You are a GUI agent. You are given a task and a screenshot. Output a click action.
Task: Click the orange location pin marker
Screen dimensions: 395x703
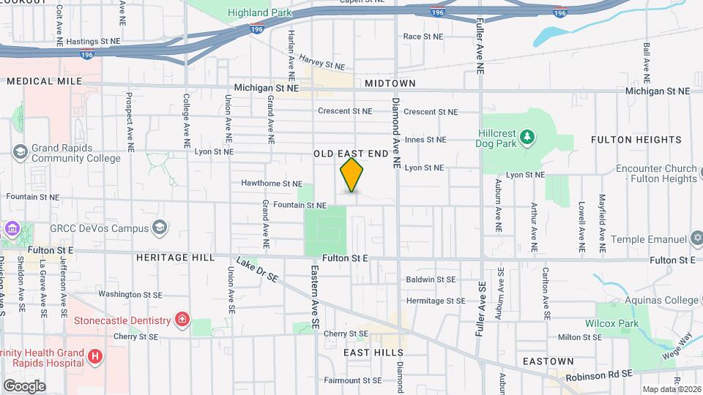351,174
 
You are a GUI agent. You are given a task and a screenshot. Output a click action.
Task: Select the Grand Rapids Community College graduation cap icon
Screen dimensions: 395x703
20,151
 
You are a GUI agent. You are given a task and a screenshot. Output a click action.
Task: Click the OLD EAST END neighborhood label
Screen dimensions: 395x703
351,154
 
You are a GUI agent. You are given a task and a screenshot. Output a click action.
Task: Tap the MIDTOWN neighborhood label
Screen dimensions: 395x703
390,83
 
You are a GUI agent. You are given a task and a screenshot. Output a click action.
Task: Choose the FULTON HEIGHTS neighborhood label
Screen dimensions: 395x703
636,140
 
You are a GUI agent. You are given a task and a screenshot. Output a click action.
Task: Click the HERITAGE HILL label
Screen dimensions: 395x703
174,257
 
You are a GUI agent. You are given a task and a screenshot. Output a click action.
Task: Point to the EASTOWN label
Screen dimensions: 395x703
548,361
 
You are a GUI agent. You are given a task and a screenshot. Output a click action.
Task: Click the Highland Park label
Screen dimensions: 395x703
259,12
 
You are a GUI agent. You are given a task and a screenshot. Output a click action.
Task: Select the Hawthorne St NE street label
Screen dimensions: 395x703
271,184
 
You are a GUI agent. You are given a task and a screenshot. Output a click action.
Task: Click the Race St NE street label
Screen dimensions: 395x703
423,36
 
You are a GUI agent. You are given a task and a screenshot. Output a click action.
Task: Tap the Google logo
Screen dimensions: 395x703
23,385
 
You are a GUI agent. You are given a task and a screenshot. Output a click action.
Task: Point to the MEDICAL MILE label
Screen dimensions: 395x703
41,82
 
